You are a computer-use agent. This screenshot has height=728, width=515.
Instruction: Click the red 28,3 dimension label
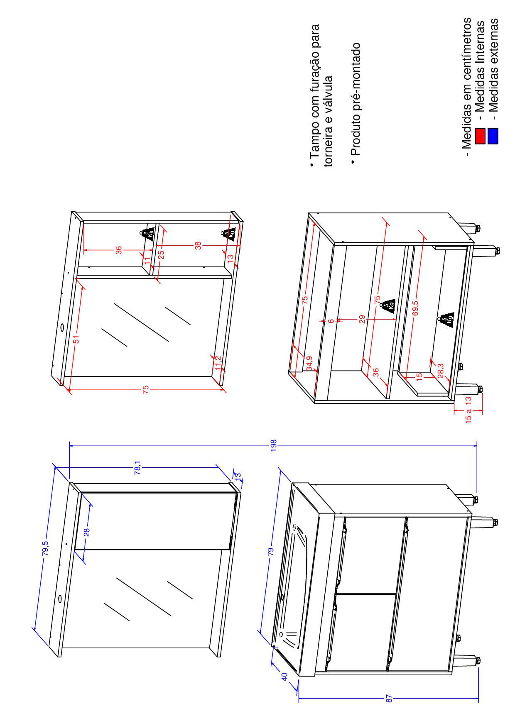click(441, 371)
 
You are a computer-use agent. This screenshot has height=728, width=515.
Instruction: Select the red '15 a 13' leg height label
click(468, 410)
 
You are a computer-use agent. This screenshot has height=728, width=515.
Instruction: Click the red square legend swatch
click(481, 136)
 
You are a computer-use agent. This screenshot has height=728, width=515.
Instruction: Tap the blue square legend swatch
click(493, 136)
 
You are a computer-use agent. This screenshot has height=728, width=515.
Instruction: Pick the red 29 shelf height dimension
click(362, 319)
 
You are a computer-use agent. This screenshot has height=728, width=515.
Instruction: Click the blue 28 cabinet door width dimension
click(87, 533)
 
